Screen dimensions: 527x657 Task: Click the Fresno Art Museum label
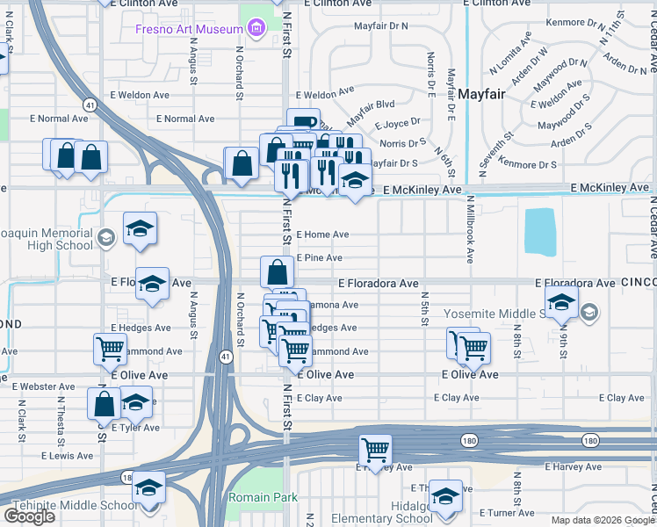pos(188,29)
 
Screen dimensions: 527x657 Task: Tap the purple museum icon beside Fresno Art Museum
pos(256,29)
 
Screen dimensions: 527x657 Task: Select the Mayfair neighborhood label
pos(481,94)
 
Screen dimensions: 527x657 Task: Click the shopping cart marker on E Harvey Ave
pos(375,450)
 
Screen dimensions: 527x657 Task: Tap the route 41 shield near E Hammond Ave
pos(226,357)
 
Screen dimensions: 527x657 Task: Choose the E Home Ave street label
pos(322,235)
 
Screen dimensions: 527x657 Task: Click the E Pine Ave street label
pos(319,257)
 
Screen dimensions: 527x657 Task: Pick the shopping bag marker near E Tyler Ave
pos(104,404)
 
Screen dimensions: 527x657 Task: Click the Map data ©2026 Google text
pos(602,520)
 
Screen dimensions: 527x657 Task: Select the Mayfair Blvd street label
pos(372,102)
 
